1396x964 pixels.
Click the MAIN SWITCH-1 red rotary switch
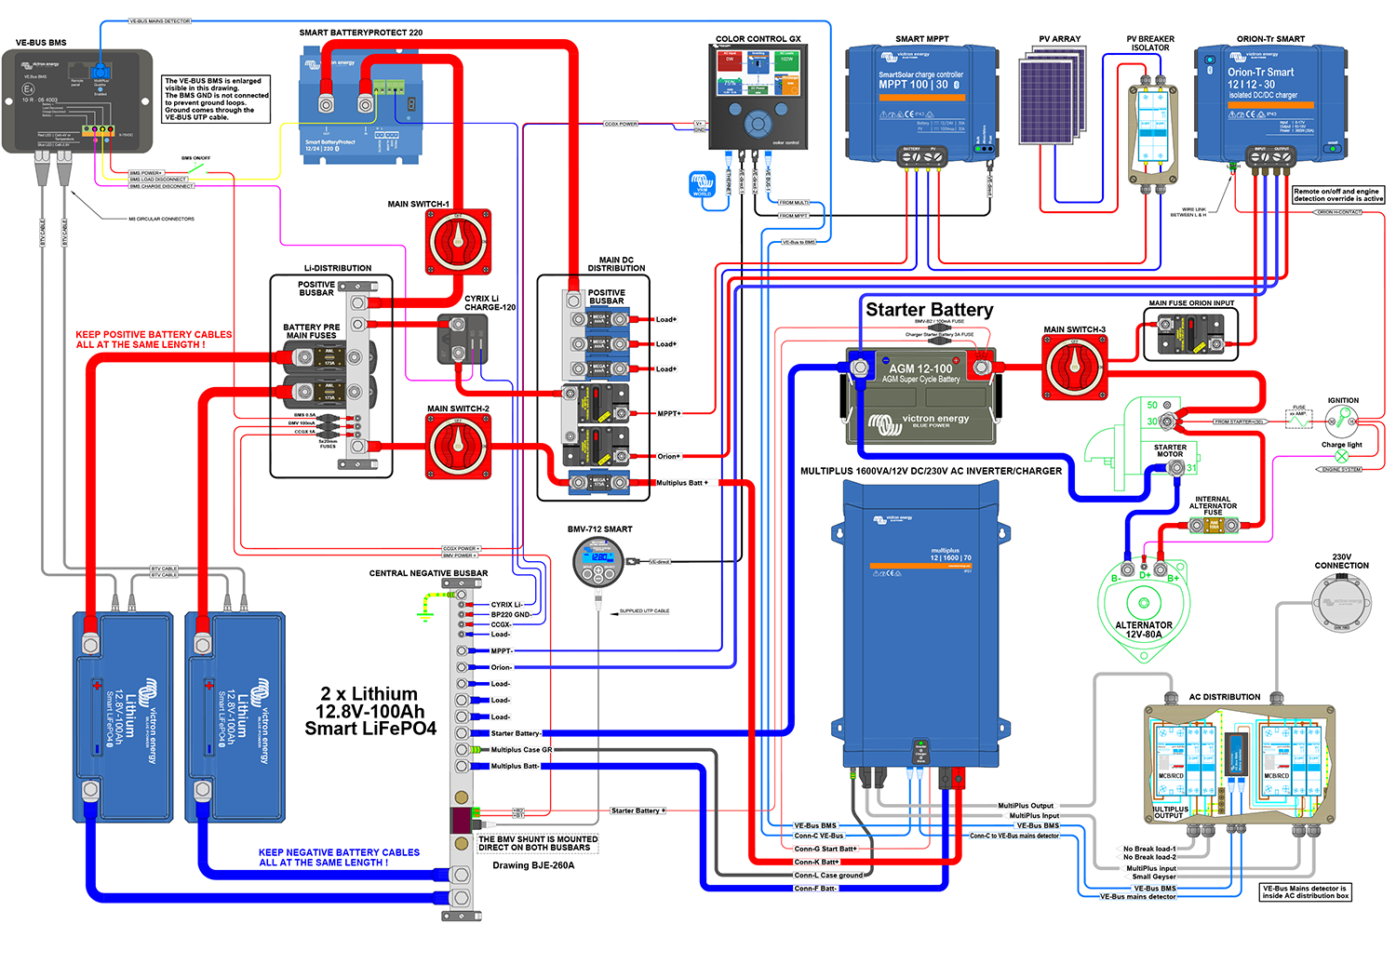click(458, 241)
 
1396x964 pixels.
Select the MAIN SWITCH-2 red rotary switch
click(458, 447)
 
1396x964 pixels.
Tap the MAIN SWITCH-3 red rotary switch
click(1074, 367)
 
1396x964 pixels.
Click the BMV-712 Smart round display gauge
click(599, 561)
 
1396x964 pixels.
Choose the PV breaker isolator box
click(1151, 131)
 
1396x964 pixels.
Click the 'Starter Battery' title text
click(929, 310)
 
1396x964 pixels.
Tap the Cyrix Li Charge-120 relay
click(463, 340)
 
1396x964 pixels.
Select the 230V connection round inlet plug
click(1341, 603)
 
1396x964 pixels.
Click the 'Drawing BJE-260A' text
click(533, 865)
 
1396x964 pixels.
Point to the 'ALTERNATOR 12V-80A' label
click(1144, 630)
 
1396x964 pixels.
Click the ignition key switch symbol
click(1341, 422)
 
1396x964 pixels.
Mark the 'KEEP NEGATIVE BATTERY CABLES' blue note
click(339, 857)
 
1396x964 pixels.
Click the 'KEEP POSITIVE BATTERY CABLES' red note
click(154, 340)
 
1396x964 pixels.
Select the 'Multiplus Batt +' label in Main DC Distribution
click(682, 483)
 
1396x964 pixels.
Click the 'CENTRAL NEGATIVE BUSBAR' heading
click(428, 573)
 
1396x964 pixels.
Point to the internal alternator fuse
click(1213, 526)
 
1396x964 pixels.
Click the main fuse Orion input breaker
click(1190, 336)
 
